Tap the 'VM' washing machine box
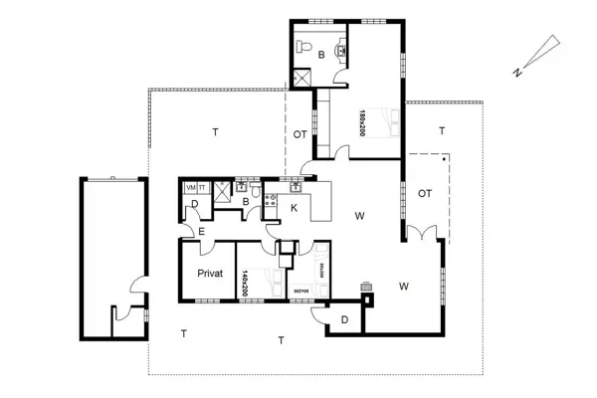click(190, 187)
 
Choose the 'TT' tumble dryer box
click(201, 187)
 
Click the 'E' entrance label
click(201, 232)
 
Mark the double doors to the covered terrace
click(421, 233)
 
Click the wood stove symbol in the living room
click(366, 286)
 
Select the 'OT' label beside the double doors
click(425, 193)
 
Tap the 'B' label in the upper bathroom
click(321, 28)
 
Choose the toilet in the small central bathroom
click(258, 192)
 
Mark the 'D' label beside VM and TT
click(195, 206)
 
